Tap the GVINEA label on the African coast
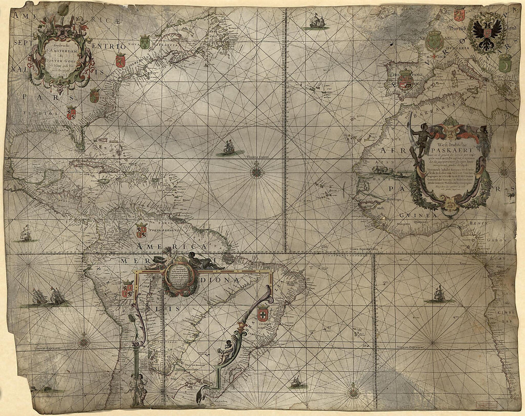pyautogui.click(x=420, y=216)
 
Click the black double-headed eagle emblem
pyautogui.click(x=487, y=32)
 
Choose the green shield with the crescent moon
pyautogui.click(x=505, y=63)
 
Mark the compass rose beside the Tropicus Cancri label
pyautogui.click(x=257, y=170)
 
